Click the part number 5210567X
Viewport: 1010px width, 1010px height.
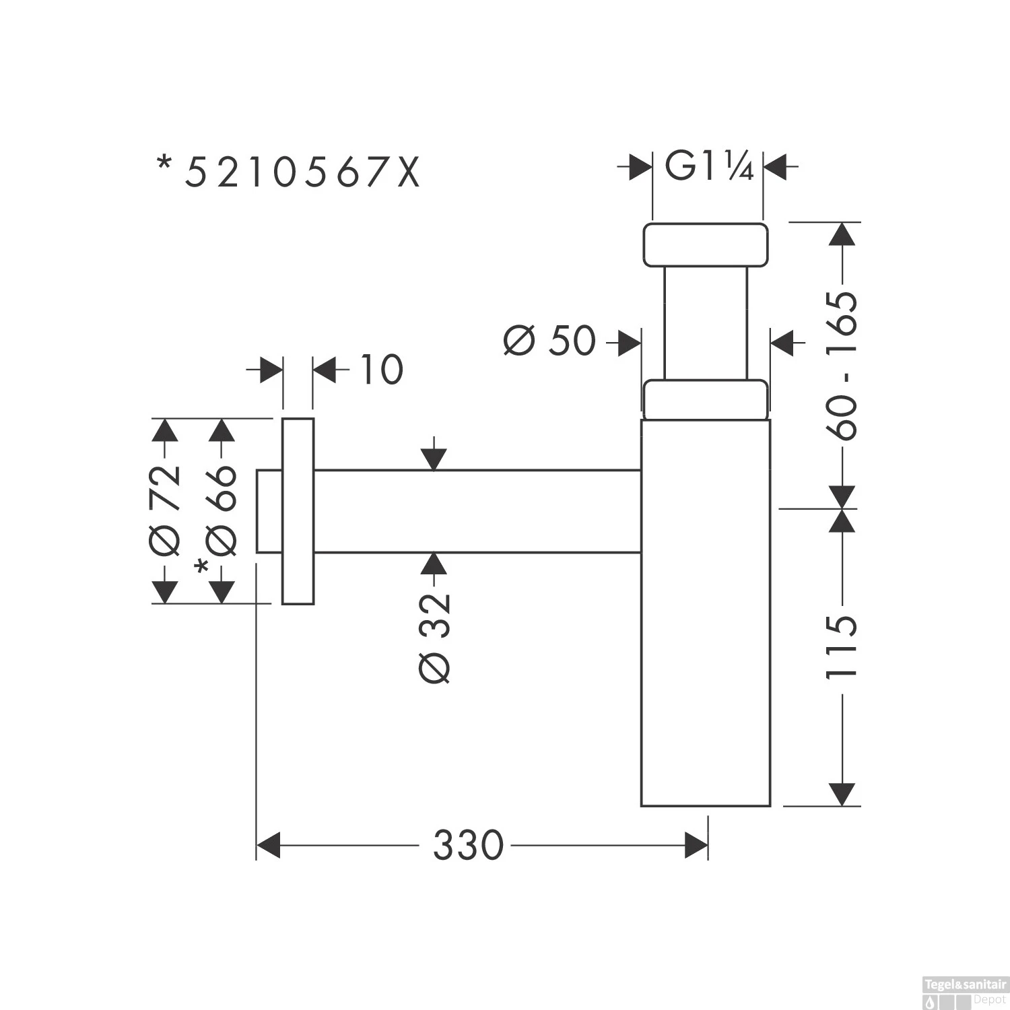pos(302,173)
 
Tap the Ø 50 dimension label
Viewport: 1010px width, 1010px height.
pos(549,341)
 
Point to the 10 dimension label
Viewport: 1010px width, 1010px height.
pos(381,370)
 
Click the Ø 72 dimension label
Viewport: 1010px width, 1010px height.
pos(166,510)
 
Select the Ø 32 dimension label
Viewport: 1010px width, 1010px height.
pos(434,637)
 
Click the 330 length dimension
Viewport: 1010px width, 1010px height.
pos(468,845)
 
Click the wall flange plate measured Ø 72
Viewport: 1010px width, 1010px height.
pos(298,511)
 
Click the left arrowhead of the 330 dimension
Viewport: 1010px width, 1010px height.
pos(269,845)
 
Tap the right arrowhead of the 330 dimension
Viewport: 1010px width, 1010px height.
pos(696,845)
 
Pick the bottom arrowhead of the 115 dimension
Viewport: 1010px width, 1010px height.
pos(842,794)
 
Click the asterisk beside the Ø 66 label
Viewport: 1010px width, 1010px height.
pos(201,568)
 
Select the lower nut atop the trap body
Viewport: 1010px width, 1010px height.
pos(705,400)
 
